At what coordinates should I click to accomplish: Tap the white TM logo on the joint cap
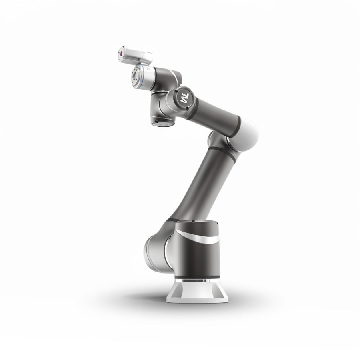(184, 98)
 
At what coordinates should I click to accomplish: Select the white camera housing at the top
(135, 56)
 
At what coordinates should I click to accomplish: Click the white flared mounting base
(197, 292)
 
